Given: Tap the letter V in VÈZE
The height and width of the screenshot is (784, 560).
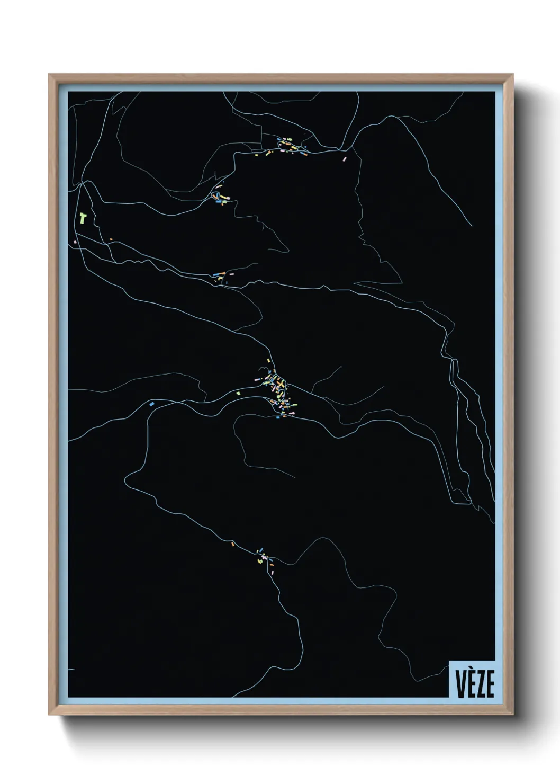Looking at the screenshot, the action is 459,684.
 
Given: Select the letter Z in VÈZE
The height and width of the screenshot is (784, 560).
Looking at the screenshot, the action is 480,684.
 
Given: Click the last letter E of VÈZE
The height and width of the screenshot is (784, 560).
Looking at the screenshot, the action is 490,684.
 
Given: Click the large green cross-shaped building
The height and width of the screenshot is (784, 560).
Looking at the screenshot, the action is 83,217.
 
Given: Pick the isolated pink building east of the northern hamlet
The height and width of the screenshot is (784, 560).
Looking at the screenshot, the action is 345,158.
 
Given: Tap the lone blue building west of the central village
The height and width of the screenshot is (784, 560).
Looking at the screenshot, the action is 152,404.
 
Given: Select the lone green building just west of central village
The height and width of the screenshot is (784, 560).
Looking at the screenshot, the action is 238,393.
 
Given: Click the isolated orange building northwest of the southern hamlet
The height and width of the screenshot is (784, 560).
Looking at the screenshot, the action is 232,544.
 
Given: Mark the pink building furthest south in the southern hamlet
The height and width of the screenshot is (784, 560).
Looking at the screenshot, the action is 273,572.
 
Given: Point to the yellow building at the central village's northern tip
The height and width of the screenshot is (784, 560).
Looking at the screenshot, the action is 269,361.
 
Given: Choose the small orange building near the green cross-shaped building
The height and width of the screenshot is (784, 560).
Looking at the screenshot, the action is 111,239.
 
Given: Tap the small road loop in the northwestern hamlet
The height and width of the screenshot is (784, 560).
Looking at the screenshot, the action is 216,196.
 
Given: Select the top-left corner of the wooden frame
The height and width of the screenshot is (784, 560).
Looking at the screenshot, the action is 49,75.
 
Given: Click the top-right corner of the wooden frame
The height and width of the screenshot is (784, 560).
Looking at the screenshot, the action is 513,75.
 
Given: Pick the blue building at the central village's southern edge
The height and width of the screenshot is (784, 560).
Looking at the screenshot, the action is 278,417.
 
